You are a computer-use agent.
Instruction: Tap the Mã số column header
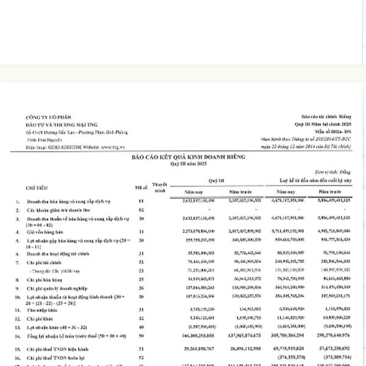click(x=142, y=185)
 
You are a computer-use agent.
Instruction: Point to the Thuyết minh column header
click(x=159, y=186)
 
